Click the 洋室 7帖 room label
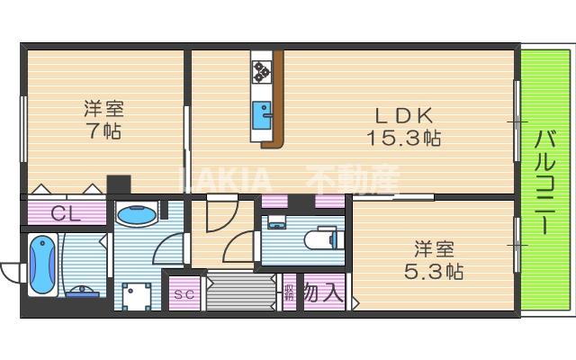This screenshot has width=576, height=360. (x=103, y=119)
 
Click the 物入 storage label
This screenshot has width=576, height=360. (x=320, y=292)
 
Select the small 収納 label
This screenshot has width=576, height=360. (x=289, y=292)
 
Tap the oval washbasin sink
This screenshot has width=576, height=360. (x=136, y=217)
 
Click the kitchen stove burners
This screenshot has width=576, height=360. (x=263, y=70)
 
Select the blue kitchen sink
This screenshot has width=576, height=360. (x=263, y=113)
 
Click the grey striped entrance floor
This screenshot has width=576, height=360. (x=241, y=292)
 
